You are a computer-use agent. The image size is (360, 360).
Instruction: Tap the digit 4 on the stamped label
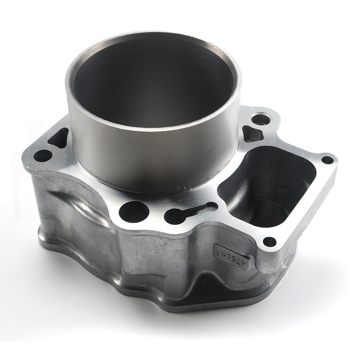243,263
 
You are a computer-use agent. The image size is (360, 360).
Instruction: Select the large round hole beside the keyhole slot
134,212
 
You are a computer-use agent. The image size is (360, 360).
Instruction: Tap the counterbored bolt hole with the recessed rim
261,120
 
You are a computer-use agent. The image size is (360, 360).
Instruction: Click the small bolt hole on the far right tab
327,160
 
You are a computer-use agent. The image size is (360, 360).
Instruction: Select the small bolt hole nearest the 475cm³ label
270,241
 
